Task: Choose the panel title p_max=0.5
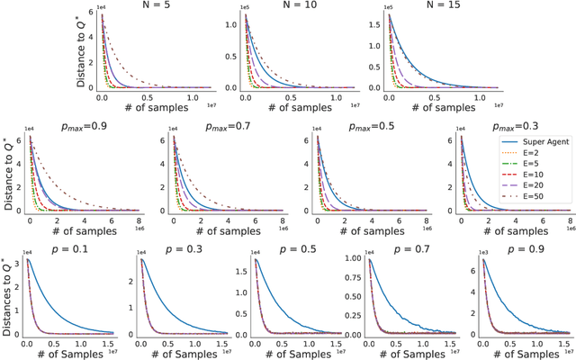pyautogui.click(x=366, y=127)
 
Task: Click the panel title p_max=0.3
pyautogui.click(x=505, y=127)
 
